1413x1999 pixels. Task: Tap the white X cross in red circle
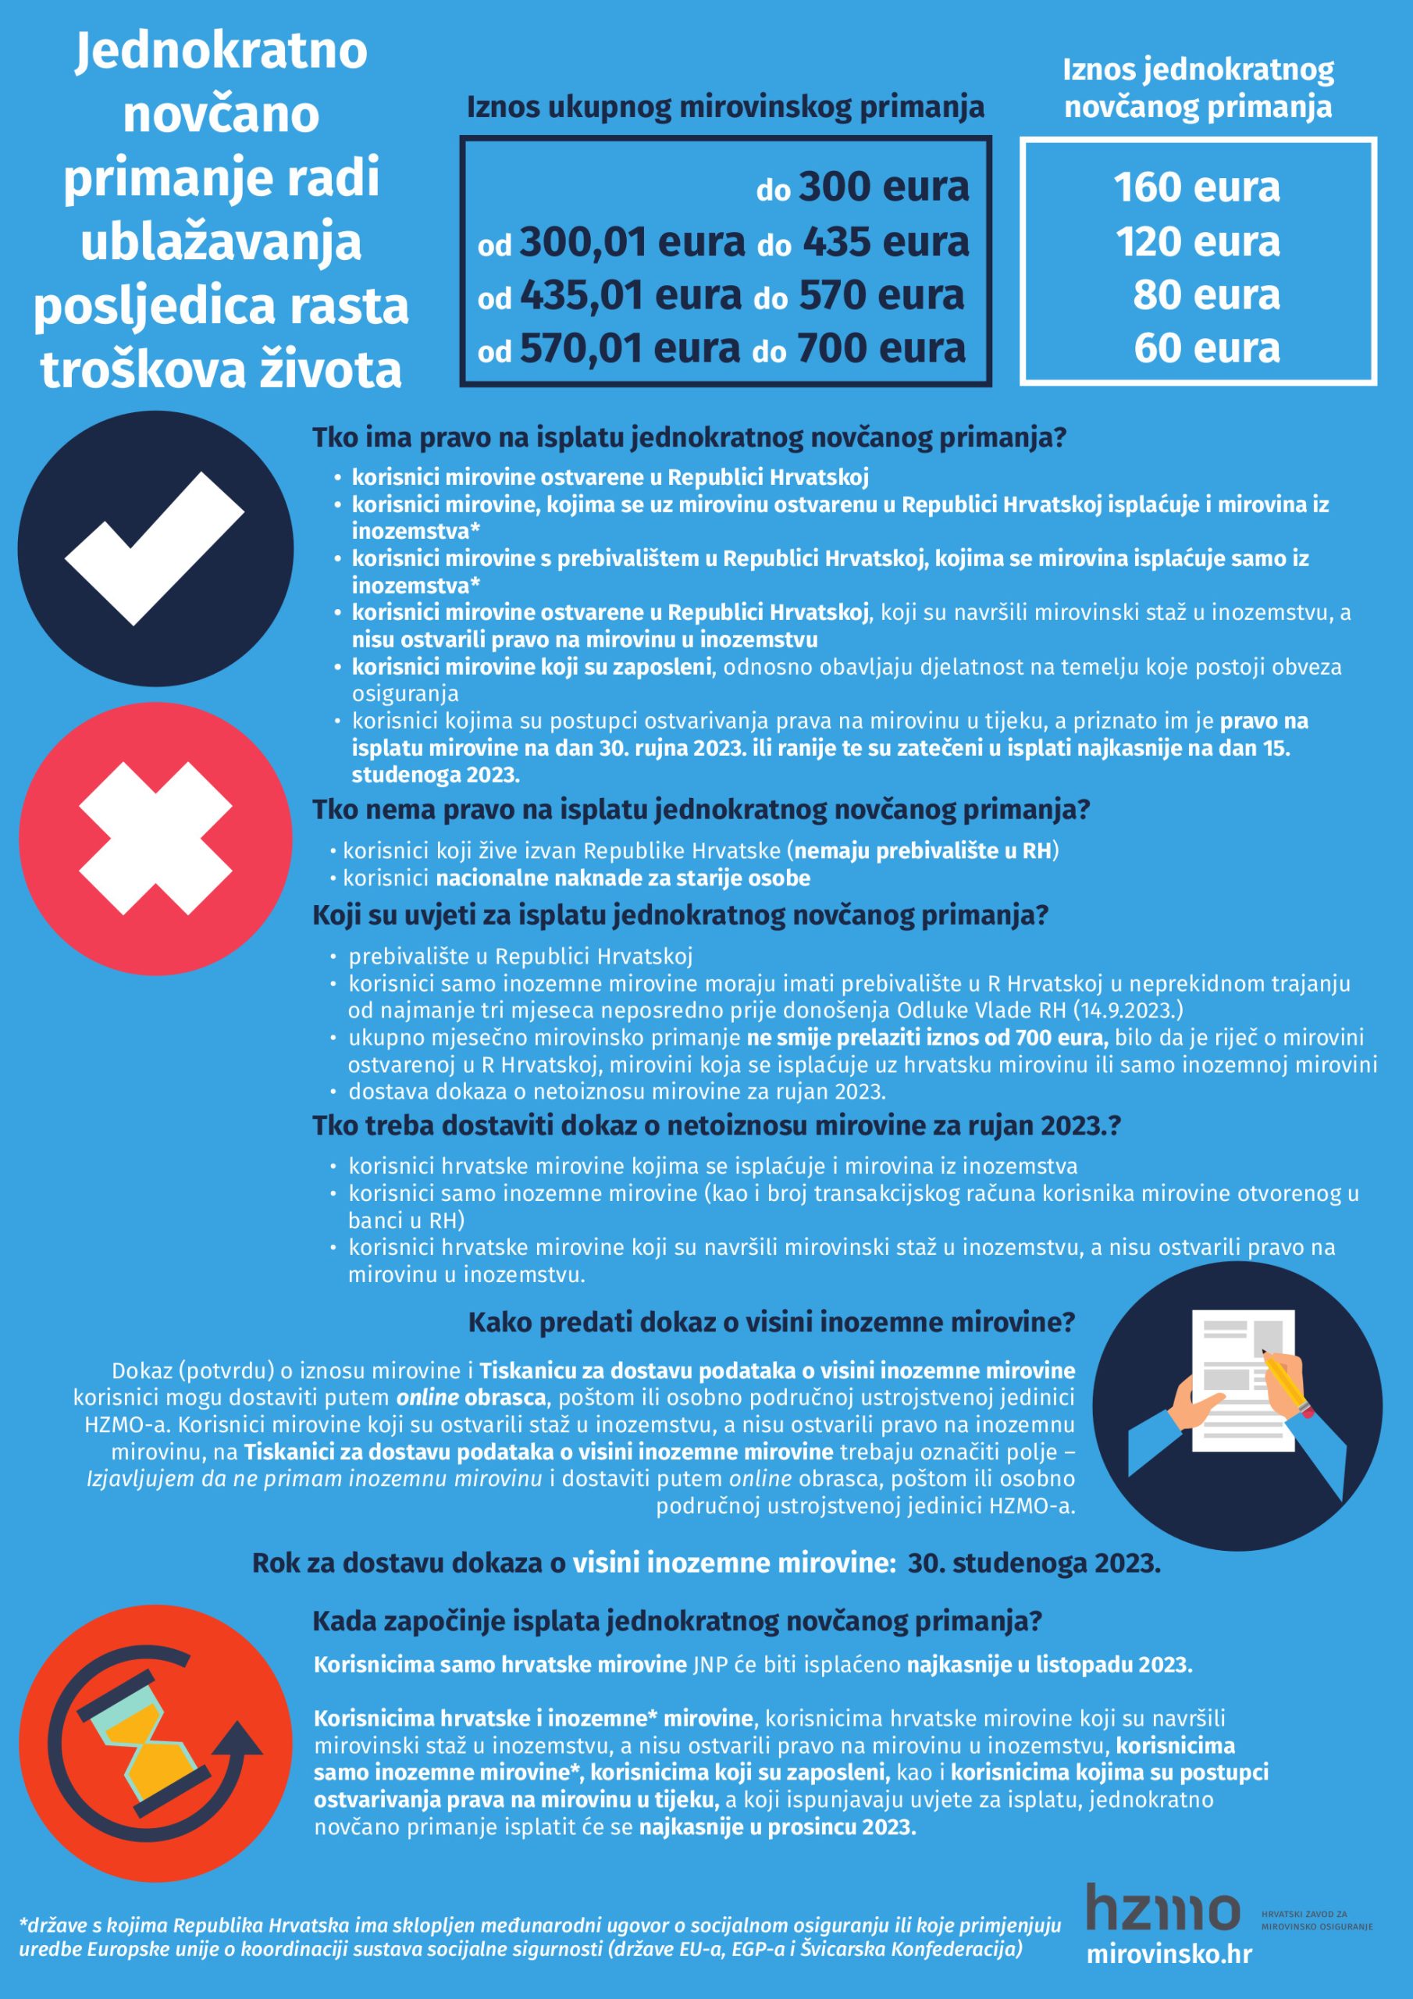[x=156, y=839]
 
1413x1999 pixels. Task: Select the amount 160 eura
[x=1197, y=187]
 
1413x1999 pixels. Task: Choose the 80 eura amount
[x=1206, y=295]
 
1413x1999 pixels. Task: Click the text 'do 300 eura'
[x=862, y=187]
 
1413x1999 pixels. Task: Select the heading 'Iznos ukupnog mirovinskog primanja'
[x=725, y=107]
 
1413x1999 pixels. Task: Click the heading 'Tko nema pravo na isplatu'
[x=701, y=810]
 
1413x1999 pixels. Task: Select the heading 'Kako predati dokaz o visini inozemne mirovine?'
[x=771, y=1323]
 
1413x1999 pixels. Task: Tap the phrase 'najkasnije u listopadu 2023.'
[x=1049, y=1665]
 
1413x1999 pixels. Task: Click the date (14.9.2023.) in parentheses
[x=1128, y=1010]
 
